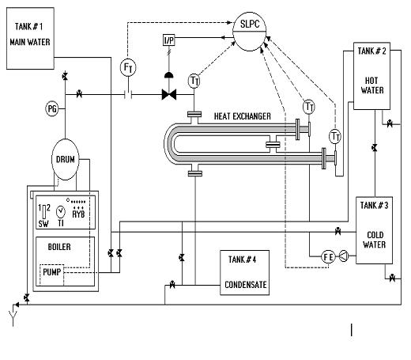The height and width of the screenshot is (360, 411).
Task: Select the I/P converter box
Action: pyautogui.click(x=168, y=40)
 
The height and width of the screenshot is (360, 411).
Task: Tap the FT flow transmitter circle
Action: pyautogui.click(x=128, y=67)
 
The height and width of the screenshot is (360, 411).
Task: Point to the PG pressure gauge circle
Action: pyautogui.click(x=52, y=108)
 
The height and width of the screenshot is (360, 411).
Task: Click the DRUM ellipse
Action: pyautogui.click(x=66, y=159)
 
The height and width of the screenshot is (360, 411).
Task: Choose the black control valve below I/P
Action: pyautogui.click(x=169, y=94)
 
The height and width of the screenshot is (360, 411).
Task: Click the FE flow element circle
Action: pyautogui.click(x=328, y=256)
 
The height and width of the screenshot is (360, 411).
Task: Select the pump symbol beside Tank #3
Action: pyautogui.click(x=344, y=256)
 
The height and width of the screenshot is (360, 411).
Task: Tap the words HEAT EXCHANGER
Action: pyautogui.click(x=242, y=116)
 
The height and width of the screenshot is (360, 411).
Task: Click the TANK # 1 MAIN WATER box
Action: pyautogui.click(x=30, y=38)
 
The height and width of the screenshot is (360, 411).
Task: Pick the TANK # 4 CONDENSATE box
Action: pyautogui.click(x=244, y=272)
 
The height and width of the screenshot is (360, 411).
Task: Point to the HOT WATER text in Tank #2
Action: pyautogui.click(x=372, y=85)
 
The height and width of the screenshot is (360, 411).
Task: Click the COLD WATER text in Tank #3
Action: pyautogui.click(x=375, y=240)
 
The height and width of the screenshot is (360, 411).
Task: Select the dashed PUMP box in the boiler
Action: pyautogui.click(x=52, y=275)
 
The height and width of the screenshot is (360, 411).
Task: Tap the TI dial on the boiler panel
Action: pyautogui.click(x=61, y=211)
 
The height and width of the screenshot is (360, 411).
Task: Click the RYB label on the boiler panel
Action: pyautogui.click(x=78, y=214)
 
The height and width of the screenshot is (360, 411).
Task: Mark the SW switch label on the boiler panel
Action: pyautogui.click(x=43, y=224)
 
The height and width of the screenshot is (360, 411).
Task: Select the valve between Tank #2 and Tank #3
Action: pyautogui.click(x=375, y=148)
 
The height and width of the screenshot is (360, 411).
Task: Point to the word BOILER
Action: pyautogui.click(x=59, y=247)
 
